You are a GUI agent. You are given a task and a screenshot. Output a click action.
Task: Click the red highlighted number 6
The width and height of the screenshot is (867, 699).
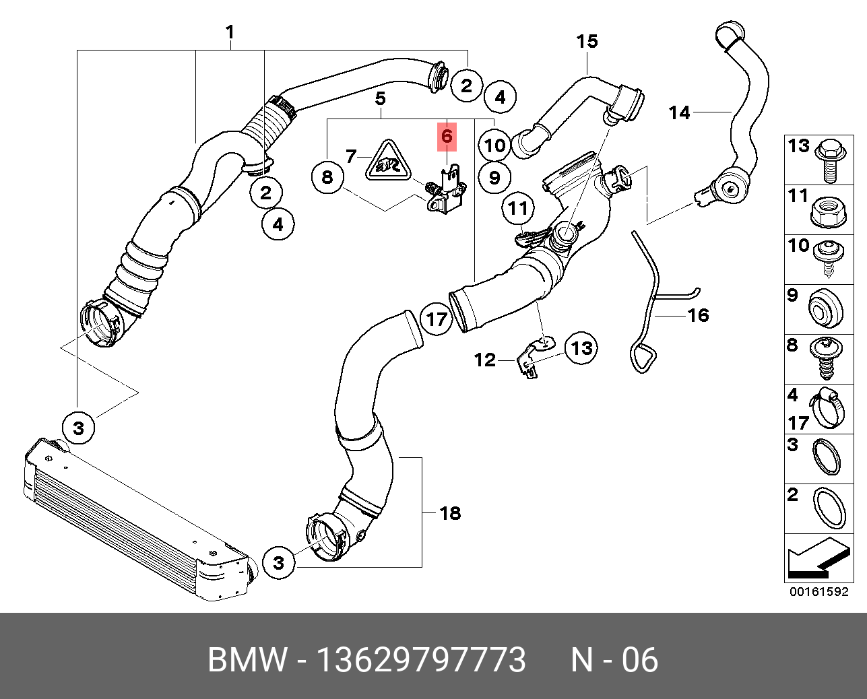447,137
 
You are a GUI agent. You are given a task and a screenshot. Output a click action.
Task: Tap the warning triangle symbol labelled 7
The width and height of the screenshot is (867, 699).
387,162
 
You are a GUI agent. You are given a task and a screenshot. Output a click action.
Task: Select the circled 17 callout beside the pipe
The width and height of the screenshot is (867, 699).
437,319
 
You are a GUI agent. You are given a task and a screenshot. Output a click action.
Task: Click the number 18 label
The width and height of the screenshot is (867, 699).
449,513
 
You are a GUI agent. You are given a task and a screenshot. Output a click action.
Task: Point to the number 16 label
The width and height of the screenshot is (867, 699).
699,315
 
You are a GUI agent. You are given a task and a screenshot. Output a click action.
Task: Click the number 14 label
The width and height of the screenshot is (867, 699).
679,112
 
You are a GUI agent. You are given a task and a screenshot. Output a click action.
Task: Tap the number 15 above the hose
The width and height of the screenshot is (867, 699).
587,42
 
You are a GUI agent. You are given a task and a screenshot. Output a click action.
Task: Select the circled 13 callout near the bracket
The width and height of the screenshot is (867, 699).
581,348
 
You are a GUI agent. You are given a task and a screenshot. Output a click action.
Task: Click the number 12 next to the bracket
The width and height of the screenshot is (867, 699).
484,360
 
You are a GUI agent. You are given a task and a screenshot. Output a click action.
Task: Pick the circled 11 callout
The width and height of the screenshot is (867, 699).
518,208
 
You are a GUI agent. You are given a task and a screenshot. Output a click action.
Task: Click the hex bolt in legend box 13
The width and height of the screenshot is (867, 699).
830,160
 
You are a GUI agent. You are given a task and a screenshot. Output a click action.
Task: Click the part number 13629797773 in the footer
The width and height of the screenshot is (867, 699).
421,660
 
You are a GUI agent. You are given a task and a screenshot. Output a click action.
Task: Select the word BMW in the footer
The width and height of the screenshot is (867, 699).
247,660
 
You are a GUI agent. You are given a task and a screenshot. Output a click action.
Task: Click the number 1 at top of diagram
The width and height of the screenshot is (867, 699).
230,32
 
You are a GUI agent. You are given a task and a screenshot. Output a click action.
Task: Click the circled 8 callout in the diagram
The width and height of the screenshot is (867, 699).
327,177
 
